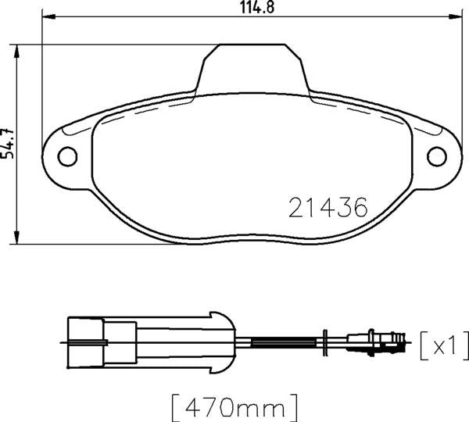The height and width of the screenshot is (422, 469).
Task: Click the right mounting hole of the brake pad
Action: pos(436,157)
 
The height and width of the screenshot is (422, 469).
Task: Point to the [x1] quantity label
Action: pos(443,343)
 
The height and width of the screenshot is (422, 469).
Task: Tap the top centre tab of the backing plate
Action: pos(252,66)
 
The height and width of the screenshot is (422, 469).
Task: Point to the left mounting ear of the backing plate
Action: pos(66,156)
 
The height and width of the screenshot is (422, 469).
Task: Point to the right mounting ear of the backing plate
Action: pos(436,157)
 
